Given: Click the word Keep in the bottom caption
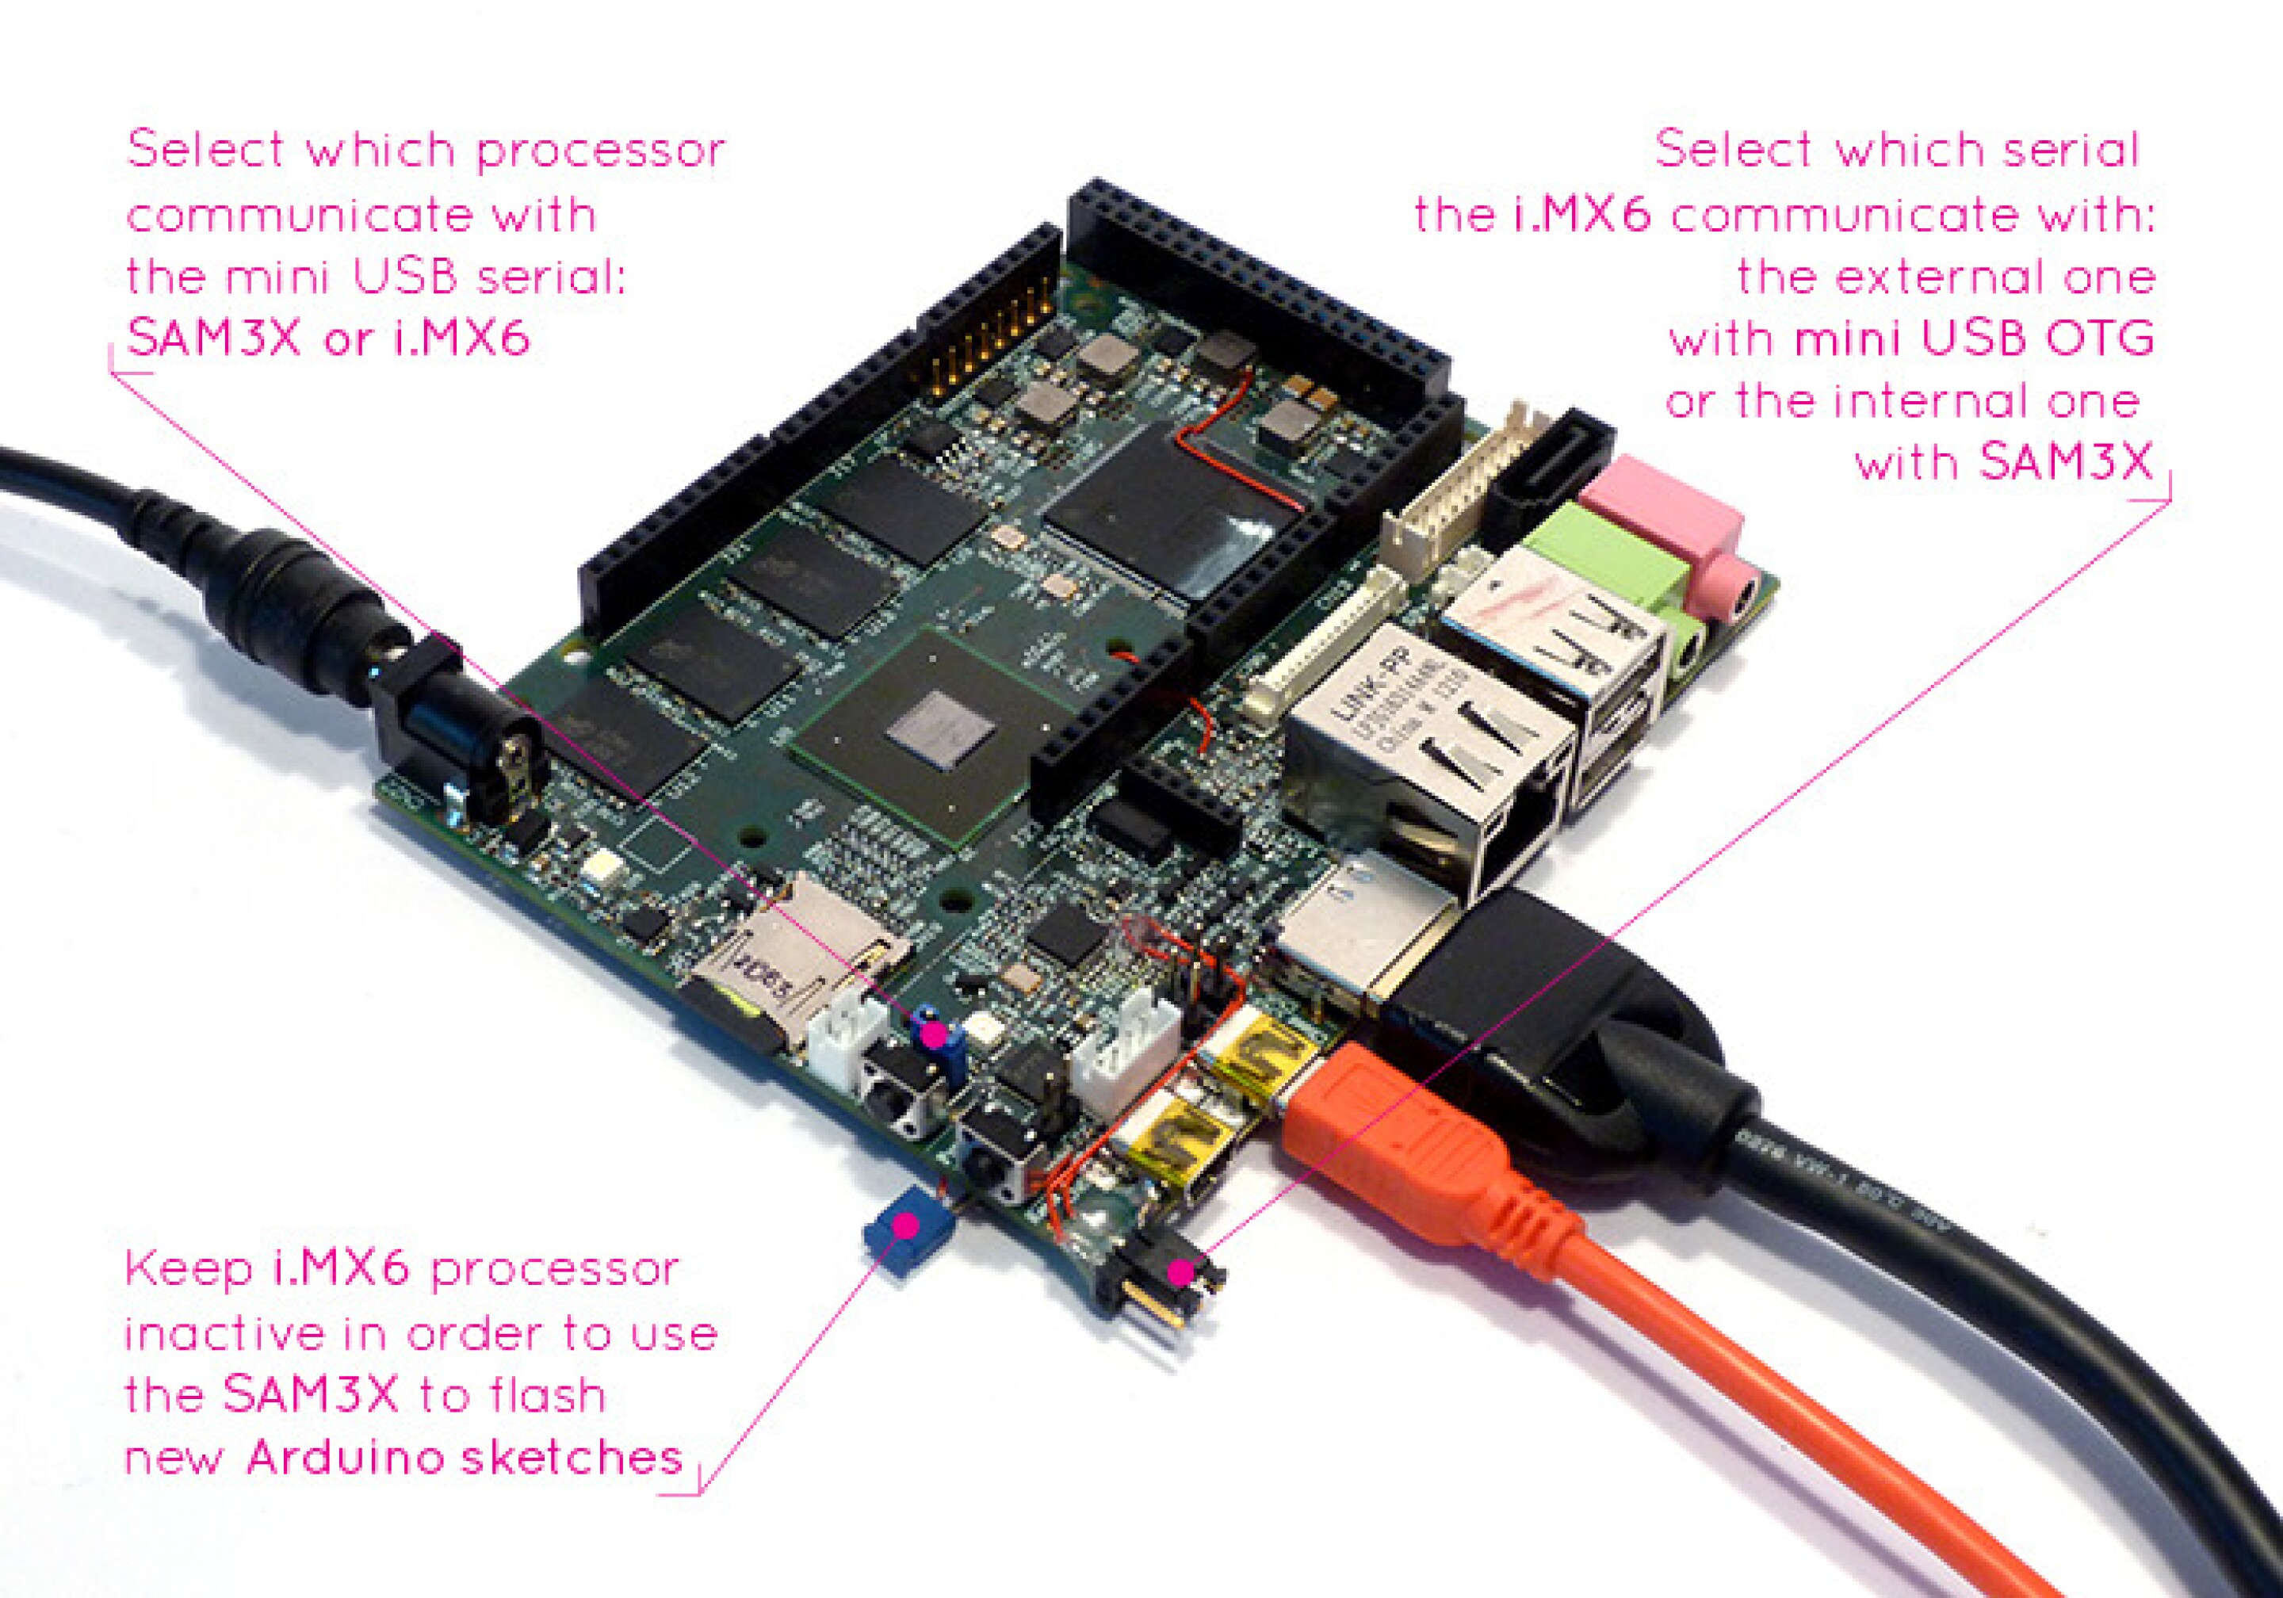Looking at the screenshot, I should (x=186, y=1271).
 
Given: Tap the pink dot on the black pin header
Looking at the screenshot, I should (x=1180, y=1273).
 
